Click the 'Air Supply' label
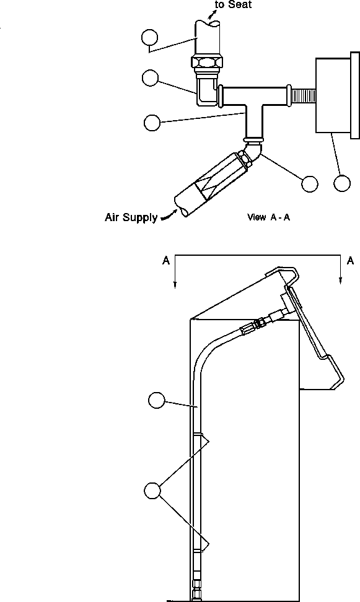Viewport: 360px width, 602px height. point(131,218)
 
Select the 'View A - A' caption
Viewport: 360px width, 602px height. point(268,217)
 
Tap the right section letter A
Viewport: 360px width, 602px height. point(351,261)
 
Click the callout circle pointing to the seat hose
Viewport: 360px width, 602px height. point(149,38)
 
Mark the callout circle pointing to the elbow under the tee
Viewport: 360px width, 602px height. point(309,183)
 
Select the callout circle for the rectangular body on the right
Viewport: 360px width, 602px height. point(342,183)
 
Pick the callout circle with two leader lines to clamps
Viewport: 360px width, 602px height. point(152,491)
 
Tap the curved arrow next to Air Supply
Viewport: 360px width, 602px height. point(167,216)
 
